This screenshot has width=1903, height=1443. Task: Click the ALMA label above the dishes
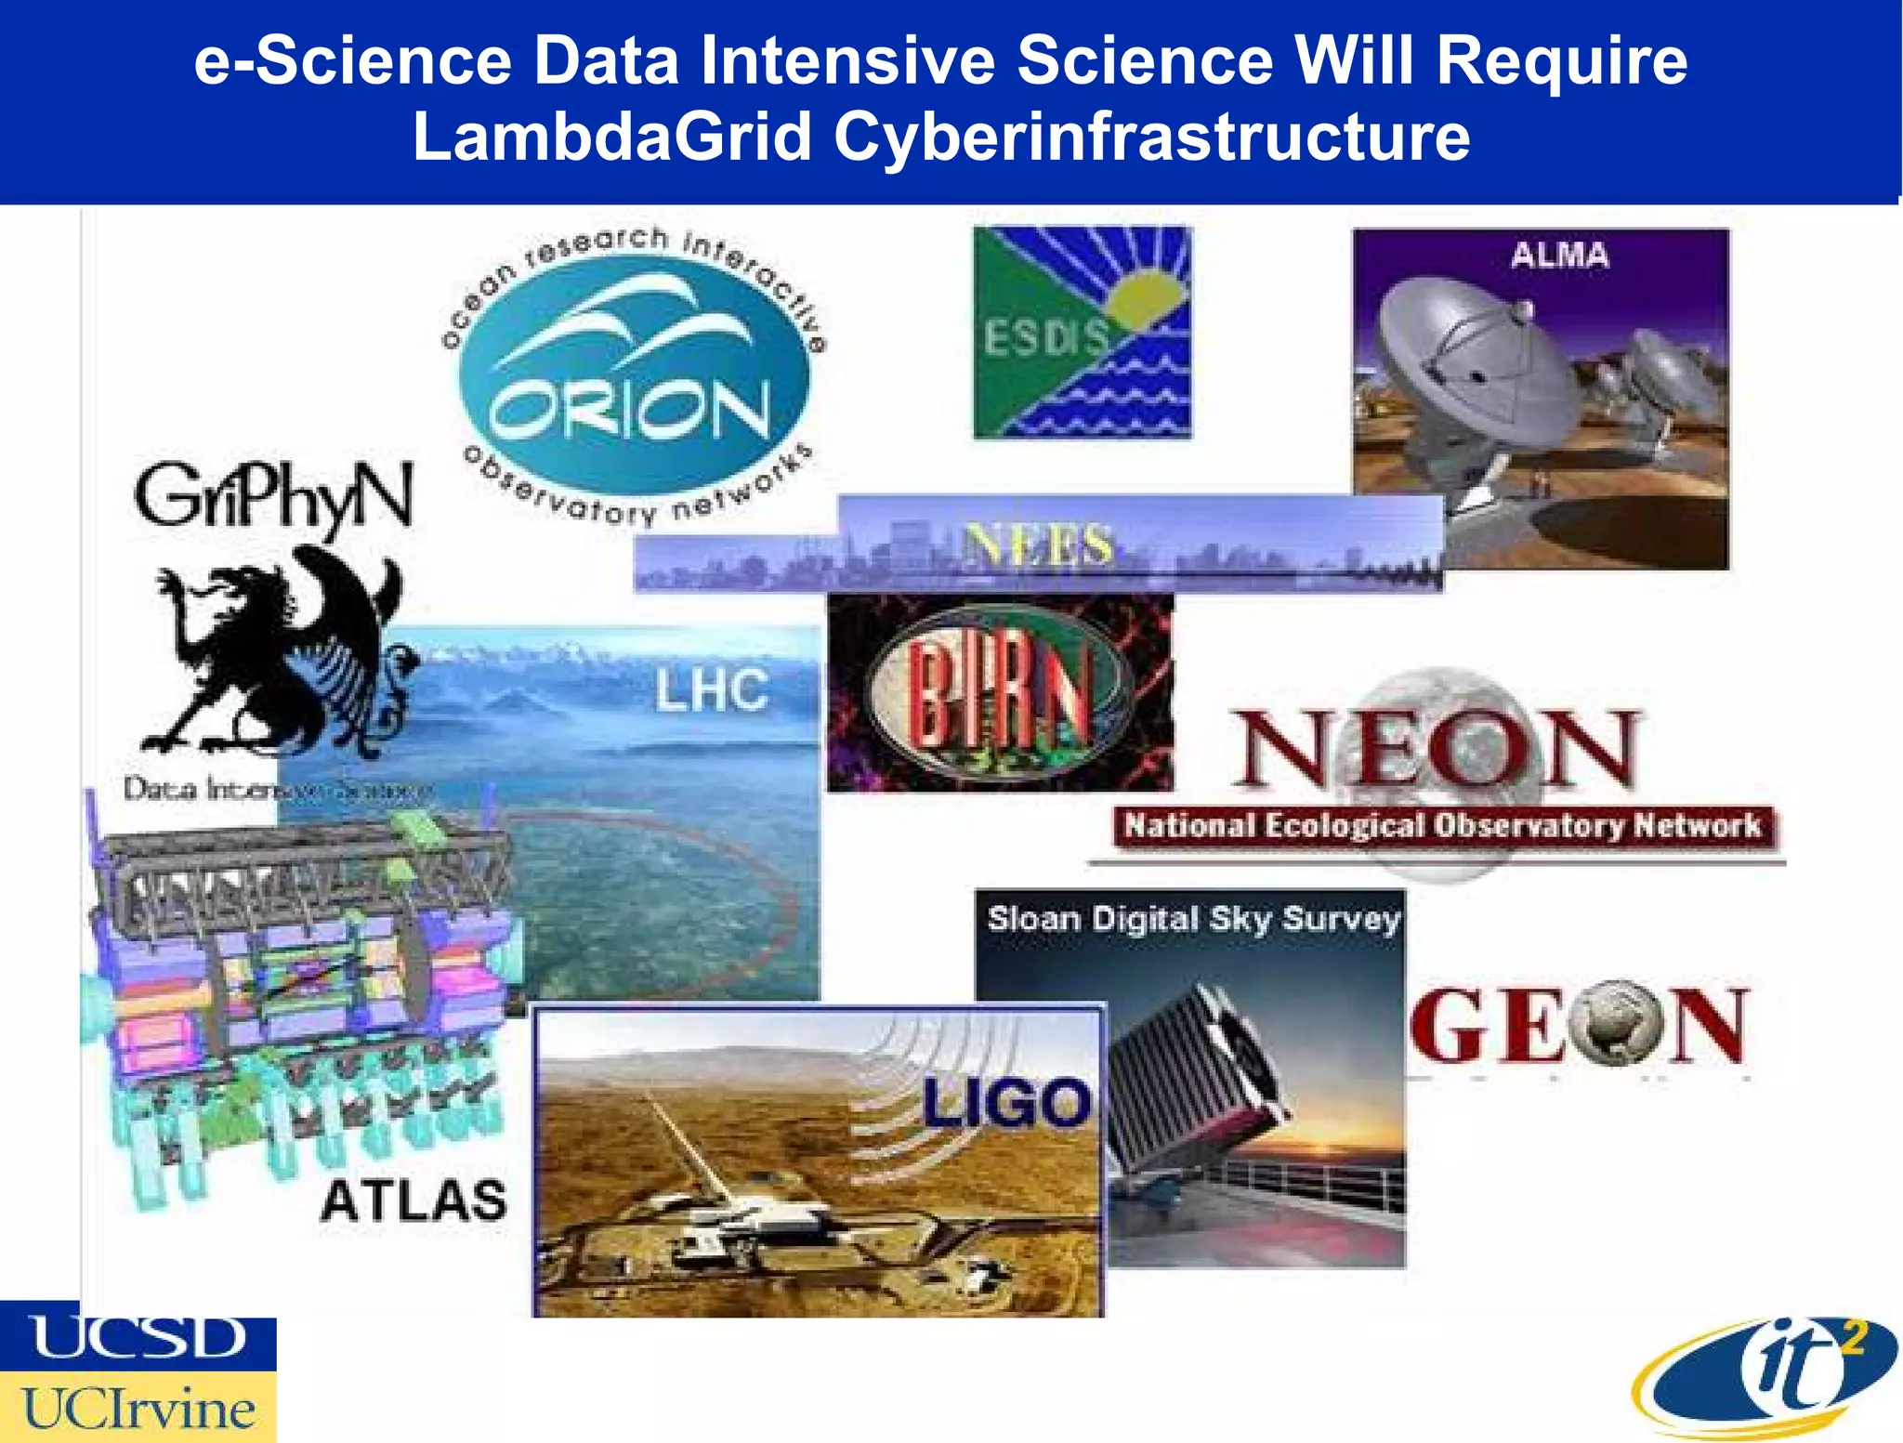[x=1559, y=255]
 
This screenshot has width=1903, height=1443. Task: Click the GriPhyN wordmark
[x=273, y=497]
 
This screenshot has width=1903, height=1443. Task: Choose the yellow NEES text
[x=1038, y=544]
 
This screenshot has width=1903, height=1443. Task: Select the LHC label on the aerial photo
[x=712, y=690]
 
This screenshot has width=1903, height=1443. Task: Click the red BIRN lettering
[x=999, y=692]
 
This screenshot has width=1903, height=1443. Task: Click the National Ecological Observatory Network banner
[x=1442, y=825]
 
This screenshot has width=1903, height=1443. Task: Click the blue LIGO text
[x=1006, y=1103]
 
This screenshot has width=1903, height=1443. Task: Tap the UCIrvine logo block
[x=138, y=1408]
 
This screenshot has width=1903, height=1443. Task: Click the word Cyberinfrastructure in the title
[x=1151, y=137]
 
